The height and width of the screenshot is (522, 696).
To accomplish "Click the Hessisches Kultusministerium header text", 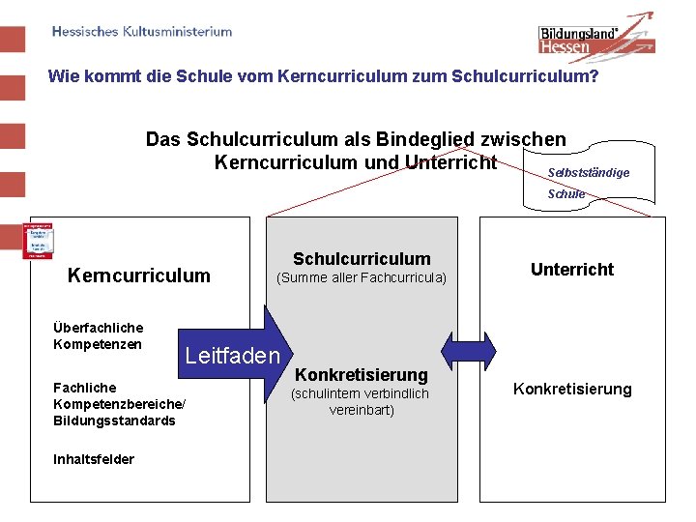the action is click(x=142, y=31).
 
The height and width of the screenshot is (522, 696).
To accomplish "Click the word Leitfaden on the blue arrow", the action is click(x=232, y=355).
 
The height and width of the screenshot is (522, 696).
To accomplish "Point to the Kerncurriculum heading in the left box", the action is click(x=138, y=275).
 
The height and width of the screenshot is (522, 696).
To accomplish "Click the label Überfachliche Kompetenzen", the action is click(x=99, y=336).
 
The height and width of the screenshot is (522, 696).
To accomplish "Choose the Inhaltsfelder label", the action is click(x=94, y=459).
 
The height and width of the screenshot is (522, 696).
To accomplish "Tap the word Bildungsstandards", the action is click(x=114, y=420).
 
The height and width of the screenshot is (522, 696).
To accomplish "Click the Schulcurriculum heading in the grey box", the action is click(x=362, y=258).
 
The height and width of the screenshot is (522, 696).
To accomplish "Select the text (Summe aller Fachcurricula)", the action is click(x=362, y=278).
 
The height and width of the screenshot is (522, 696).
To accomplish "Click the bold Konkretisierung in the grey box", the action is click(x=361, y=374).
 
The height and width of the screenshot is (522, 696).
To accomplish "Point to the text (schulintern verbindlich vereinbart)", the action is click(x=360, y=401).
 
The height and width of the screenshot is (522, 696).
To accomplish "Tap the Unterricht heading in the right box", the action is click(x=572, y=270).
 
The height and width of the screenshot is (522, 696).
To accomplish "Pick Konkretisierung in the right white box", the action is click(x=572, y=389).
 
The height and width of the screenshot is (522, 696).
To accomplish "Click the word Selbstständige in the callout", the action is click(x=588, y=172).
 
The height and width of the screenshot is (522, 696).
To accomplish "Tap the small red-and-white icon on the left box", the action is click(x=38, y=241).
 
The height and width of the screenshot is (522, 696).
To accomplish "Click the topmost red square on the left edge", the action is click(x=12, y=40).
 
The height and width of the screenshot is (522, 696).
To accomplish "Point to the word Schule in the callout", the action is click(x=566, y=193).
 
